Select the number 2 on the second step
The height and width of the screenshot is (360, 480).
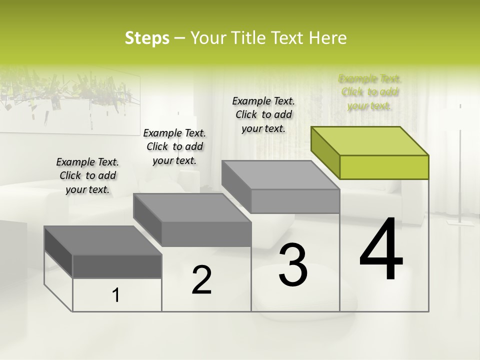tap(201, 280)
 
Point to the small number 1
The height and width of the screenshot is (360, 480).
tap(116, 295)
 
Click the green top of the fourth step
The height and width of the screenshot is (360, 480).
tap(369, 140)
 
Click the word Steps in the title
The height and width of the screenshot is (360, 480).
tap(147, 38)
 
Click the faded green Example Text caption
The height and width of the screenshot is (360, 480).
tap(369, 92)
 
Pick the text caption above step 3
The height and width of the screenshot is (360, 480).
tap(263, 114)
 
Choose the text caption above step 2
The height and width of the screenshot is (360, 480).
tap(174, 146)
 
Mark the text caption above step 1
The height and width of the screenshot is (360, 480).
tap(87, 175)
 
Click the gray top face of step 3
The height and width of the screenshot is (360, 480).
tap(280, 175)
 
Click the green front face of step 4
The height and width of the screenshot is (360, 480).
tap(384, 167)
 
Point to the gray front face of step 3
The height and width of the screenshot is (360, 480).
tap(295, 201)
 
